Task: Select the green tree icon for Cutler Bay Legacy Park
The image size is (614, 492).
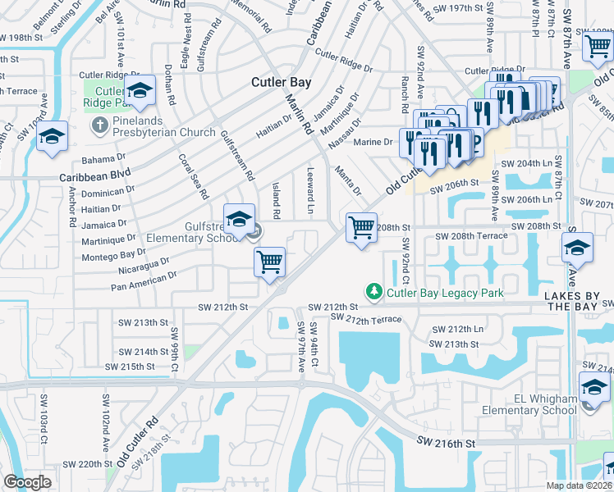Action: point(373,292)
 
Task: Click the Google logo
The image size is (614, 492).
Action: point(27,482)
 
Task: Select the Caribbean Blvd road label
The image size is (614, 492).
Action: point(94,176)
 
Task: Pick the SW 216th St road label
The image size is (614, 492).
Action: point(446,442)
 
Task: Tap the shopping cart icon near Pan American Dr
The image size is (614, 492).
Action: point(269,264)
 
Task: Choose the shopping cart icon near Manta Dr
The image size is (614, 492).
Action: point(361,229)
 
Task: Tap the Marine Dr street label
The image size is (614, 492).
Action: point(373,142)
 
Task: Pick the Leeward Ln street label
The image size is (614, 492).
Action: point(309,194)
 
